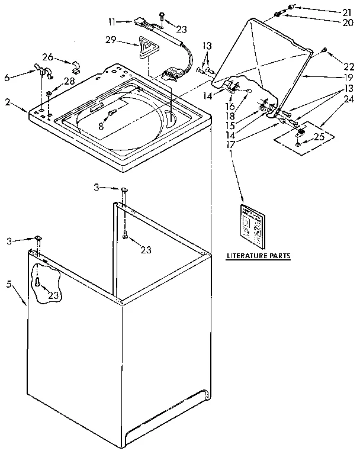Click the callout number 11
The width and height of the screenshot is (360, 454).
[x=112, y=22]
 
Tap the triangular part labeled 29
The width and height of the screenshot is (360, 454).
[x=144, y=46]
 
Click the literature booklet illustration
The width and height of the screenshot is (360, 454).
[x=252, y=226]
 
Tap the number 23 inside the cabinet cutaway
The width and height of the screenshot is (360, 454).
[x=54, y=295]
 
